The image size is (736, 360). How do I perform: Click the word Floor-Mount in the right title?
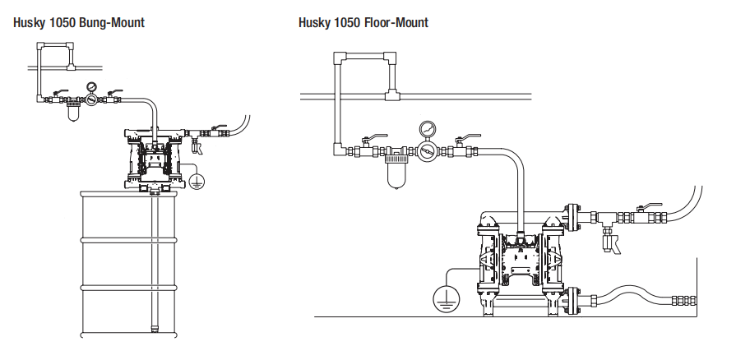tap(399, 22)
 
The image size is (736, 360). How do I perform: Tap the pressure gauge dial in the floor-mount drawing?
tap(427, 129)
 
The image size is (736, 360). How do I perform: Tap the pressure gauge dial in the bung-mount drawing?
tap(91, 85)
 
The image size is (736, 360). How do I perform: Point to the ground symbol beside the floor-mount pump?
tap(445, 298)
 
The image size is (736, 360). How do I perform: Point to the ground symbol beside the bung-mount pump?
tap(197, 181)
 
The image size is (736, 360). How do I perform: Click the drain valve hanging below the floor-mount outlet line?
tap(611, 242)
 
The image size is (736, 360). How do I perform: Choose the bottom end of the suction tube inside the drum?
tap(154, 329)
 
